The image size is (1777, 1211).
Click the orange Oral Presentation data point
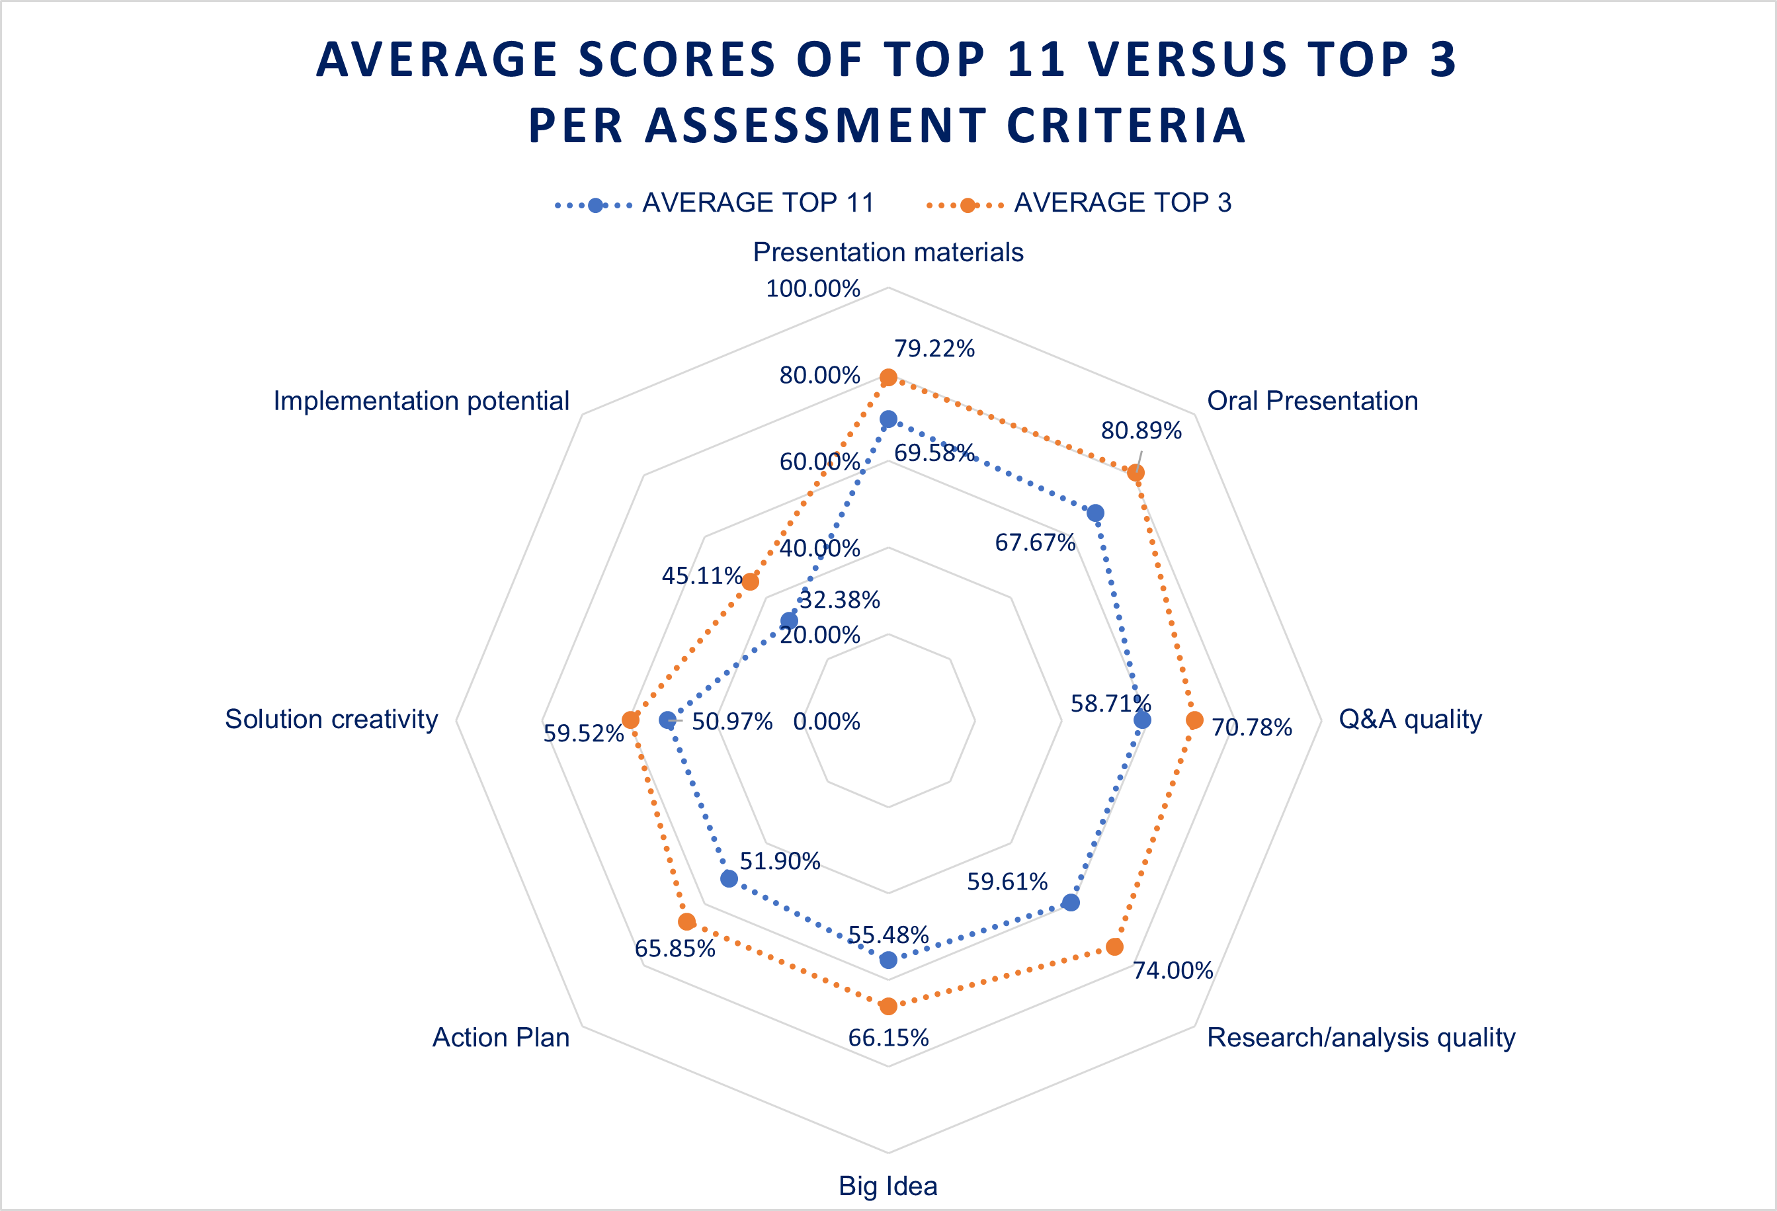(x=1136, y=472)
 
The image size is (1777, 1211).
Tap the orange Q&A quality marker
(x=1194, y=720)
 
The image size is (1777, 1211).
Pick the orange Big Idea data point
(x=888, y=1005)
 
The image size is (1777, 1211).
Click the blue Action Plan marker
(x=729, y=878)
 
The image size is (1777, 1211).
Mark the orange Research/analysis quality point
(x=1115, y=946)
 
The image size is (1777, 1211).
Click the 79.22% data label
(x=934, y=349)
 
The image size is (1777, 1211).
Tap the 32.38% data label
(x=840, y=600)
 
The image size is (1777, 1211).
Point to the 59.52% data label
(x=583, y=733)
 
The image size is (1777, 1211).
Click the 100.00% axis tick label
(x=813, y=288)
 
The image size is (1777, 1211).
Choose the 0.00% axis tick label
(x=827, y=721)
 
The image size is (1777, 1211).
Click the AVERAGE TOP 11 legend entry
(x=757, y=202)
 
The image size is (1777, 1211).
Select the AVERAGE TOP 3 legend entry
(x=1122, y=202)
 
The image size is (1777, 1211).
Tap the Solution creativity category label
(x=331, y=719)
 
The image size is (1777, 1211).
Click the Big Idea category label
(x=888, y=1185)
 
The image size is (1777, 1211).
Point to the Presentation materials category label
(x=888, y=251)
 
